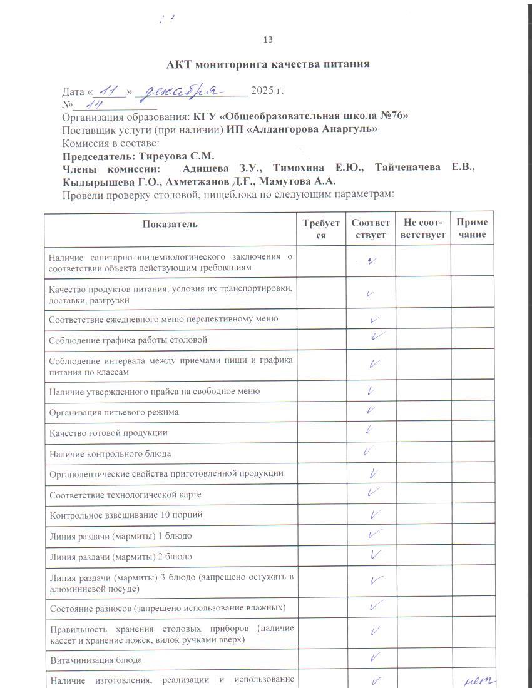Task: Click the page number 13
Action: click(268, 40)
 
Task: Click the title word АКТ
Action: click(180, 64)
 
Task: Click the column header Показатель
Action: click(170, 224)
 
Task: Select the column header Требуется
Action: click(321, 229)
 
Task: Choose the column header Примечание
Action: click(472, 229)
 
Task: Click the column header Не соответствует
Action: click(422, 229)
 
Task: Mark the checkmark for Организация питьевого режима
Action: click(371, 411)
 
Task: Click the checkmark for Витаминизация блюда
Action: click(376, 657)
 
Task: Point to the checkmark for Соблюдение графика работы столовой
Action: click(376, 337)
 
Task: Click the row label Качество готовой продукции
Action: click(109, 433)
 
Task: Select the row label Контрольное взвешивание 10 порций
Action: click(126, 515)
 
